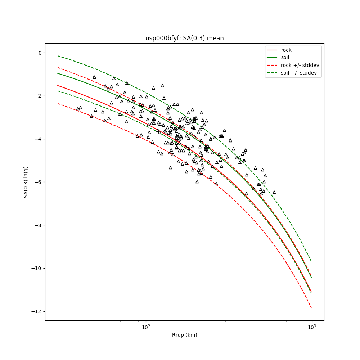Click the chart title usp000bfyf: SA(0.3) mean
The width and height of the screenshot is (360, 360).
[184, 38]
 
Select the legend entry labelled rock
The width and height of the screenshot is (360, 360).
[286, 50]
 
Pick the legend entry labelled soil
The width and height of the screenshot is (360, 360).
[285, 57]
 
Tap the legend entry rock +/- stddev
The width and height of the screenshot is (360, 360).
[300, 65]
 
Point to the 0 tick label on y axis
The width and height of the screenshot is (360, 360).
[40, 53]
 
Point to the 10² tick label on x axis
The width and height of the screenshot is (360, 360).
[146, 327]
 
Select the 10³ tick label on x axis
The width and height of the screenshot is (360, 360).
[312, 327]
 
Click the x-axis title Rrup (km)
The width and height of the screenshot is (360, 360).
[184, 335]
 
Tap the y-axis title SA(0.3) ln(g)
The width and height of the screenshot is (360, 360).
[26, 182]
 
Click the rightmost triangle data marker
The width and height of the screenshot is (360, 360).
[274, 192]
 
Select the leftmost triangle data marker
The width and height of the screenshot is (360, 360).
[78, 109]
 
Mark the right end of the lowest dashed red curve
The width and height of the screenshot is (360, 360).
[311, 307]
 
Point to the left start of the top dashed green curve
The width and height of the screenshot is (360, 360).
[58, 56]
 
